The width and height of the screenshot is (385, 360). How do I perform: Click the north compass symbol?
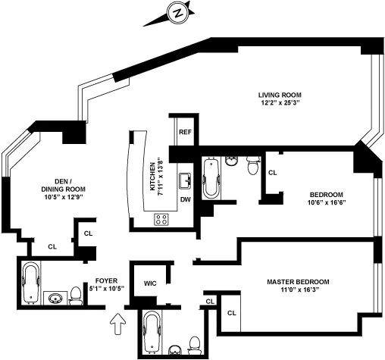(178, 13)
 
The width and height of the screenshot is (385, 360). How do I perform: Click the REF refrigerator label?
(184, 132)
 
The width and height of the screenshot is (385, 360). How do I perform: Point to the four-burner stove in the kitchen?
(161, 219)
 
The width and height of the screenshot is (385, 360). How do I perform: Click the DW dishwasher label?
(185, 200)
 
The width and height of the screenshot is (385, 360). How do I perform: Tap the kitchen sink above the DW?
(184, 180)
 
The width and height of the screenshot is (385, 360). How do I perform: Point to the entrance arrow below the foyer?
(116, 325)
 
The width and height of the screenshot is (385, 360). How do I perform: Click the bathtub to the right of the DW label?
(211, 177)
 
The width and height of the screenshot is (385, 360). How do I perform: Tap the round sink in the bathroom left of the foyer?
(55, 297)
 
